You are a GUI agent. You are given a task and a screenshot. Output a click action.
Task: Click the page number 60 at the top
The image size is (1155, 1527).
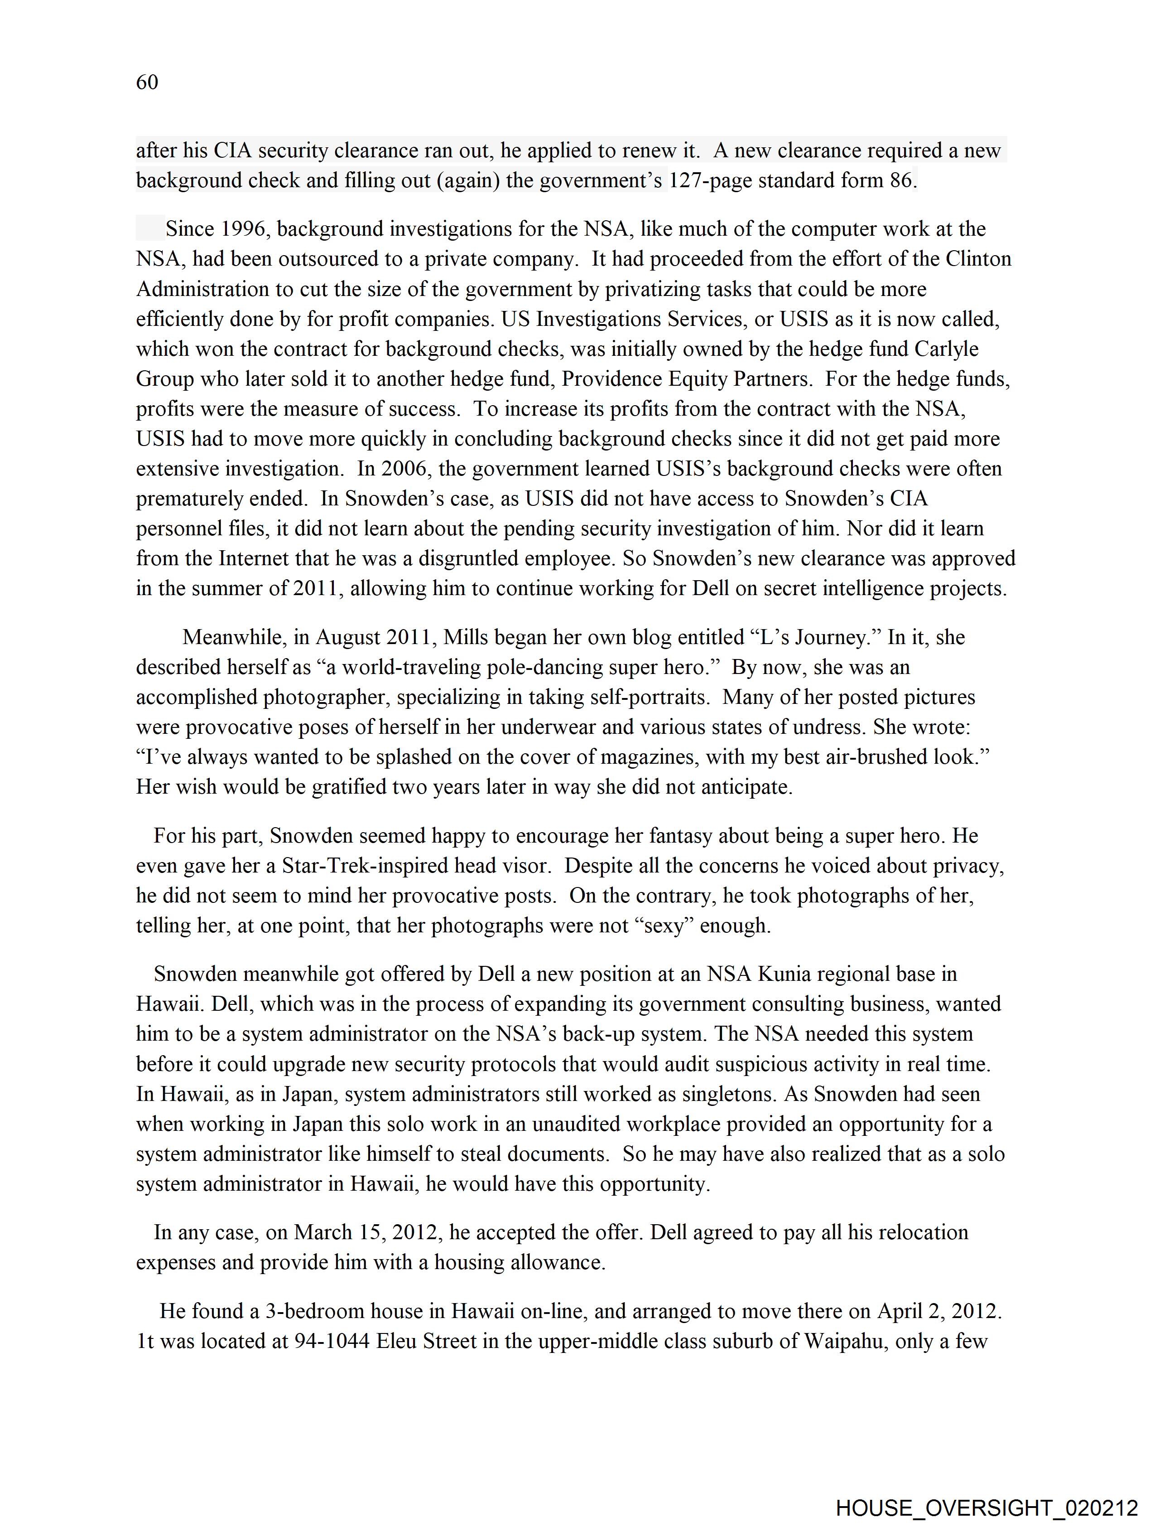(x=147, y=82)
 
